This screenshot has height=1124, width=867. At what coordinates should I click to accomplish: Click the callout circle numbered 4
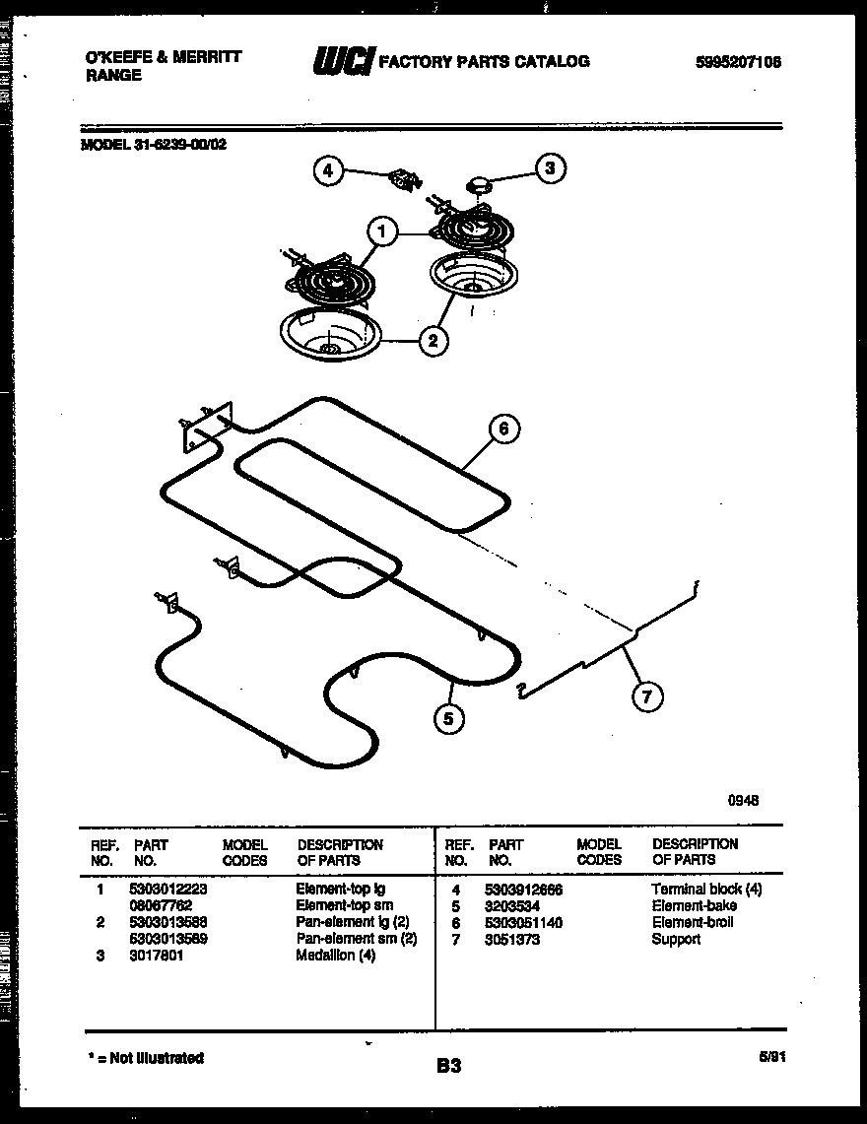(327, 170)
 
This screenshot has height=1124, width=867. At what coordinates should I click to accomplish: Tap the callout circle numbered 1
(382, 232)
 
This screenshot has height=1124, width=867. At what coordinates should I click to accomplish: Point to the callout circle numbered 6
(503, 429)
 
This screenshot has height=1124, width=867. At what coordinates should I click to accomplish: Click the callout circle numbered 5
(448, 719)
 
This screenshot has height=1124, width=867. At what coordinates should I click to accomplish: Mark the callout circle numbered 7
(646, 696)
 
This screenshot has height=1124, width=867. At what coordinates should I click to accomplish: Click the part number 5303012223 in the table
(167, 888)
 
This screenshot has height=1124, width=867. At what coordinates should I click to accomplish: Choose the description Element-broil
(692, 922)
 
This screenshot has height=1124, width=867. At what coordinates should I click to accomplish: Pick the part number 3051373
(512, 939)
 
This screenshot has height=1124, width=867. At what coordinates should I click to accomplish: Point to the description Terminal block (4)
(706, 889)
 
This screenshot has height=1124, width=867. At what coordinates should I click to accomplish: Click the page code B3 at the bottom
(448, 1065)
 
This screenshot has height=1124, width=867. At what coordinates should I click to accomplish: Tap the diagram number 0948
(744, 802)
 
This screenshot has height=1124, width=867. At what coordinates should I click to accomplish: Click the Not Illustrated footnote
(145, 1058)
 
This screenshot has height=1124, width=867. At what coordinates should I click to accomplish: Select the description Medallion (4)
(335, 956)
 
